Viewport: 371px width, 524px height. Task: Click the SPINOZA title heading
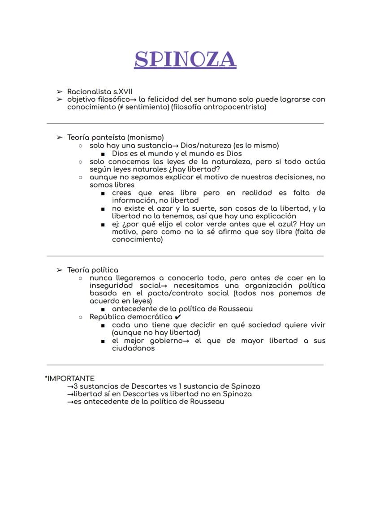point(185,59)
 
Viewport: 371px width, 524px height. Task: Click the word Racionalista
point(89,91)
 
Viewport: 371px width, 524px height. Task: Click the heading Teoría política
point(93,270)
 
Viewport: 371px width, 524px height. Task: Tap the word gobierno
point(157,341)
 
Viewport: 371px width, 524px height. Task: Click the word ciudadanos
point(133,348)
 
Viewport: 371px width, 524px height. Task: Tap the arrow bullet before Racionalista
point(59,91)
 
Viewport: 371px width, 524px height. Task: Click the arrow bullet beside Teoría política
point(59,270)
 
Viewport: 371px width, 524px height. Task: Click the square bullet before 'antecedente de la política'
point(103,309)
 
